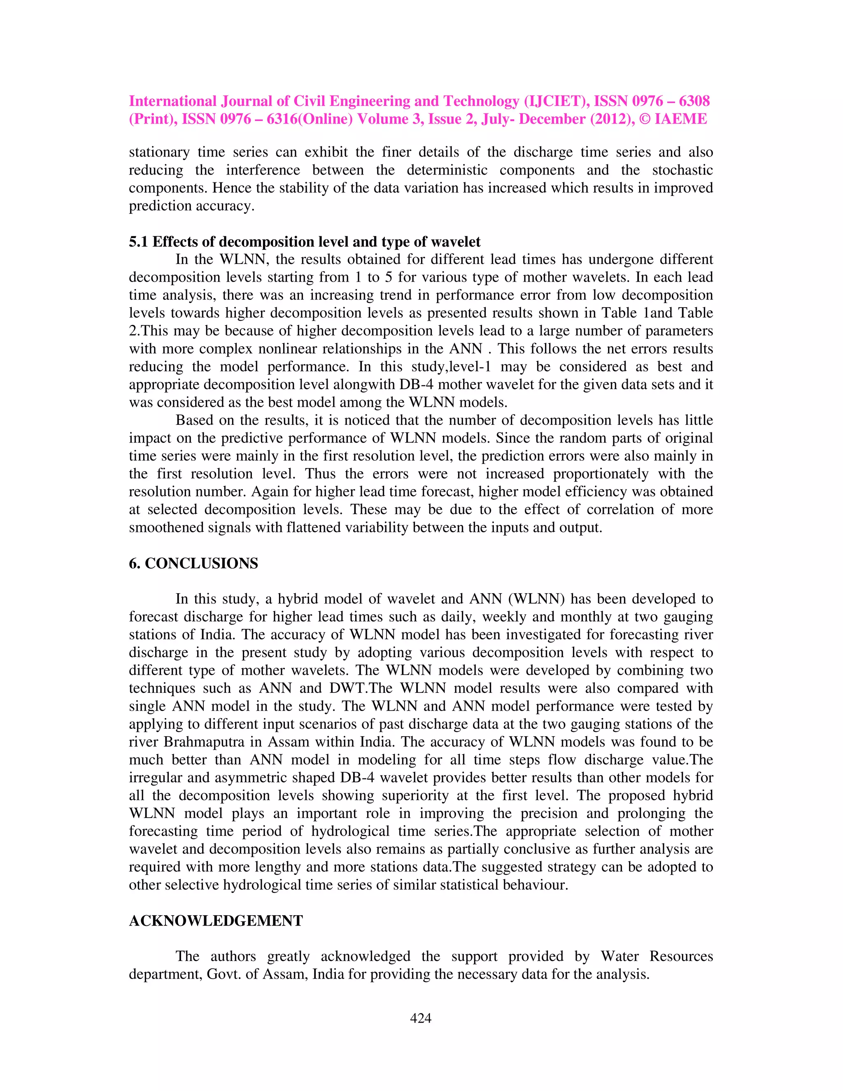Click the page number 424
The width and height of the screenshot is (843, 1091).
(x=421, y=1018)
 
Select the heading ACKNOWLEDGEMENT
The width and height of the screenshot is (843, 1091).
(x=216, y=921)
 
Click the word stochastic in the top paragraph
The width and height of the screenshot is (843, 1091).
(x=682, y=170)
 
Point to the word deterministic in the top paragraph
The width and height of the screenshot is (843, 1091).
(x=447, y=170)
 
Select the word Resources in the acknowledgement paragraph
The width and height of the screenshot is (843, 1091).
(x=681, y=956)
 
